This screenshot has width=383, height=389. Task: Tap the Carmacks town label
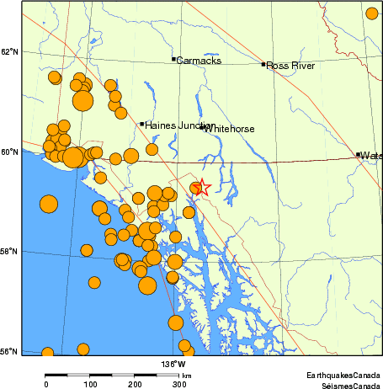click(199, 60)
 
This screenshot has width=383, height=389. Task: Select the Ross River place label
click(290, 65)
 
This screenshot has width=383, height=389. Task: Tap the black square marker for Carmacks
click(173, 59)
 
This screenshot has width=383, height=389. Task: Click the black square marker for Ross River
click(263, 64)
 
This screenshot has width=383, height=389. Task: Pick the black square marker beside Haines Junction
click(141, 124)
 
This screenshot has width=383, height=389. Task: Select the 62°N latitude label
click(9, 52)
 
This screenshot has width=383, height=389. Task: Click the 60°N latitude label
click(9, 152)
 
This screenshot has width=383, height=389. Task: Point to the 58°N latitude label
click(9, 251)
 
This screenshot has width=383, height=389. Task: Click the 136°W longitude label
click(174, 364)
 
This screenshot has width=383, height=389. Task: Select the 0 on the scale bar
click(45, 385)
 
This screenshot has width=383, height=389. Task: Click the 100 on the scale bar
click(90, 385)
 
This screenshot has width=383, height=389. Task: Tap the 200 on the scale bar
click(135, 385)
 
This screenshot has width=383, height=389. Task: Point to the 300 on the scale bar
click(179, 385)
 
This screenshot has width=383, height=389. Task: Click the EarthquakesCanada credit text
click(344, 376)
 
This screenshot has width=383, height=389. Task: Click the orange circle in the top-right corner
click(372, 13)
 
